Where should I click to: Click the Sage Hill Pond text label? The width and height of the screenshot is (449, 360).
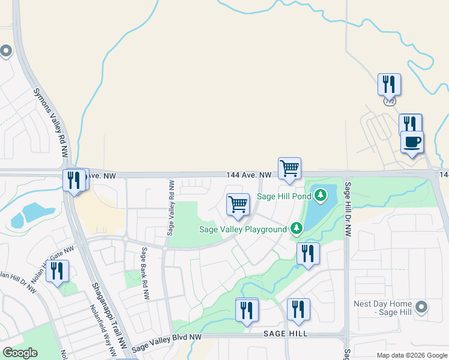284,196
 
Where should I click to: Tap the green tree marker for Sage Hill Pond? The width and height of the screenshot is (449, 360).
321,195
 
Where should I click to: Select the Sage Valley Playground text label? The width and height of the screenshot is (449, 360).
243,229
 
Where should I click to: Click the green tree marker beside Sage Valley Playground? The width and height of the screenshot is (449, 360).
296,229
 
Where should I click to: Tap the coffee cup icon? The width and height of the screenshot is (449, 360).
412,143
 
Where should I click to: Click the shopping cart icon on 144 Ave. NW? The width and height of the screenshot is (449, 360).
289,168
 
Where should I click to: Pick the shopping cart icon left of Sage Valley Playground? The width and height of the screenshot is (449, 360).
238,204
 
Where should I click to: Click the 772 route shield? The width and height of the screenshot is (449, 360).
390,101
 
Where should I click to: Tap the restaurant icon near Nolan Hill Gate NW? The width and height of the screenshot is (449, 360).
57,271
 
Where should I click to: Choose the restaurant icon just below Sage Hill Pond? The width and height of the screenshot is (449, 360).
308,253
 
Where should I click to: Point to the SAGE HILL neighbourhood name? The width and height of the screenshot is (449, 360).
285,334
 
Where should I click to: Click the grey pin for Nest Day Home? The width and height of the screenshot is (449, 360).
422,307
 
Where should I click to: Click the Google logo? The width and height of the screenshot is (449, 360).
20,353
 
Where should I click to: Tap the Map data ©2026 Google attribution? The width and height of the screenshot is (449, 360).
412,355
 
